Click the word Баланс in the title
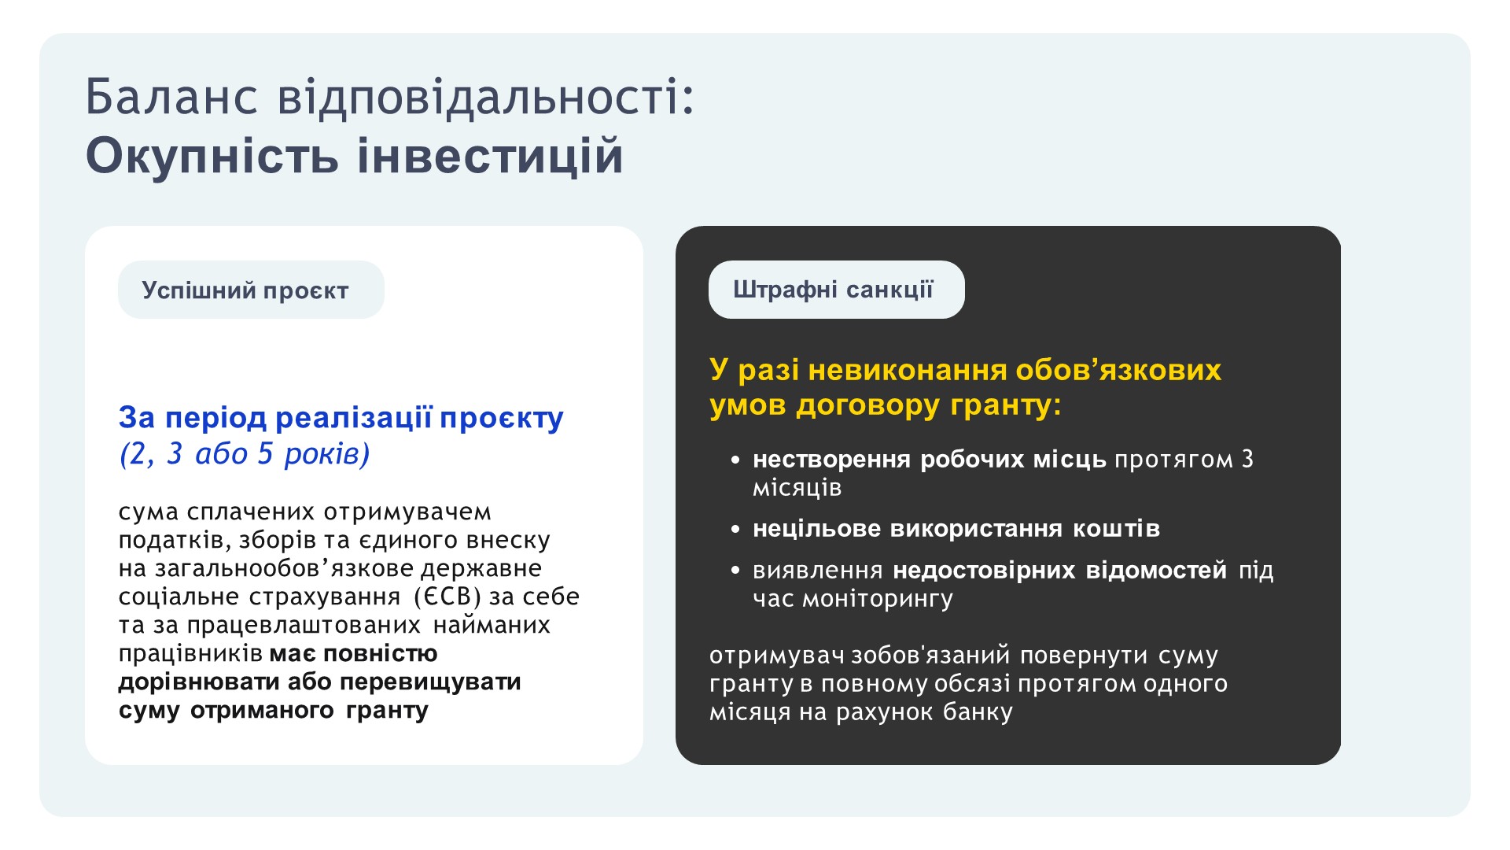(171, 97)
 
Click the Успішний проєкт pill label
(245, 290)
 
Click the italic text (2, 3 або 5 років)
(245, 454)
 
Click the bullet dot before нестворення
(735, 460)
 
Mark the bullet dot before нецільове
(735, 529)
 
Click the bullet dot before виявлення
(735, 570)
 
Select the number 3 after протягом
(1247, 459)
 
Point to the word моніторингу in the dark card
(878, 600)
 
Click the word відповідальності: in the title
(486, 97)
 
